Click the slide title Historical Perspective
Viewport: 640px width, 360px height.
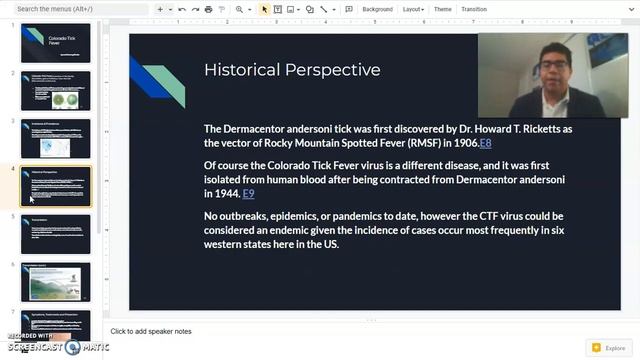coord(292,70)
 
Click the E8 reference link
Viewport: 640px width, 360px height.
coord(486,143)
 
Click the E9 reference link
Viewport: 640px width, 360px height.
coord(248,193)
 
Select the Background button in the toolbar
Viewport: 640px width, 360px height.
coord(377,9)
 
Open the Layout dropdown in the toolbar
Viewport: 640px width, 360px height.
coord(412,9)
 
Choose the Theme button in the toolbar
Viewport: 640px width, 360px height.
coord(442,9)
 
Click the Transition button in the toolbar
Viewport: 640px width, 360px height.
coord(474,9)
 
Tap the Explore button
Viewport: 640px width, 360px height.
coord(610,348)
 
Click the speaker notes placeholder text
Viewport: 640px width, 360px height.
coord(151,331)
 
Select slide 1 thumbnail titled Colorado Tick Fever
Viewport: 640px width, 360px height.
coord(55,43)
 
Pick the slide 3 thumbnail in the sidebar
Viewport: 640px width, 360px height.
coord(55,139)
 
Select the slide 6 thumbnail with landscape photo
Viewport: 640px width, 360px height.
coord(55,282)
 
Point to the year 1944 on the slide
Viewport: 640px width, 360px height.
coord(223,193)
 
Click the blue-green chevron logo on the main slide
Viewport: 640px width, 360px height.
coord(157,80)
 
